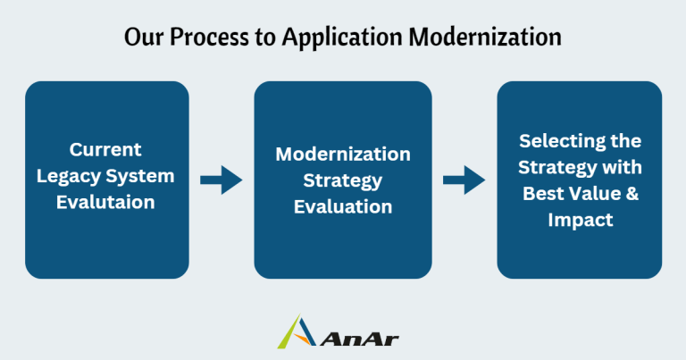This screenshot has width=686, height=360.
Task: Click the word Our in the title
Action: click(143, 38)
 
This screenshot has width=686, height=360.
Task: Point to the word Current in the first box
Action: click(106, 149)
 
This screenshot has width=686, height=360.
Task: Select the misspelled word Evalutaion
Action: click(106, 202)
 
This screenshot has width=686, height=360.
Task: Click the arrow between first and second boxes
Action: click(221, 180)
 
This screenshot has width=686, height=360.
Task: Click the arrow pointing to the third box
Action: click(464, 180)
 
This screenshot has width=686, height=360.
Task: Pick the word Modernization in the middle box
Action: click(343, 154)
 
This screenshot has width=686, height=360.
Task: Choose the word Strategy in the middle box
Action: click(343, 180)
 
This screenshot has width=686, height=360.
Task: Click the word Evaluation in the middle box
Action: click(343, 206)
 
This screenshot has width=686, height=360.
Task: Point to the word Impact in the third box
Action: click(580, 220)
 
